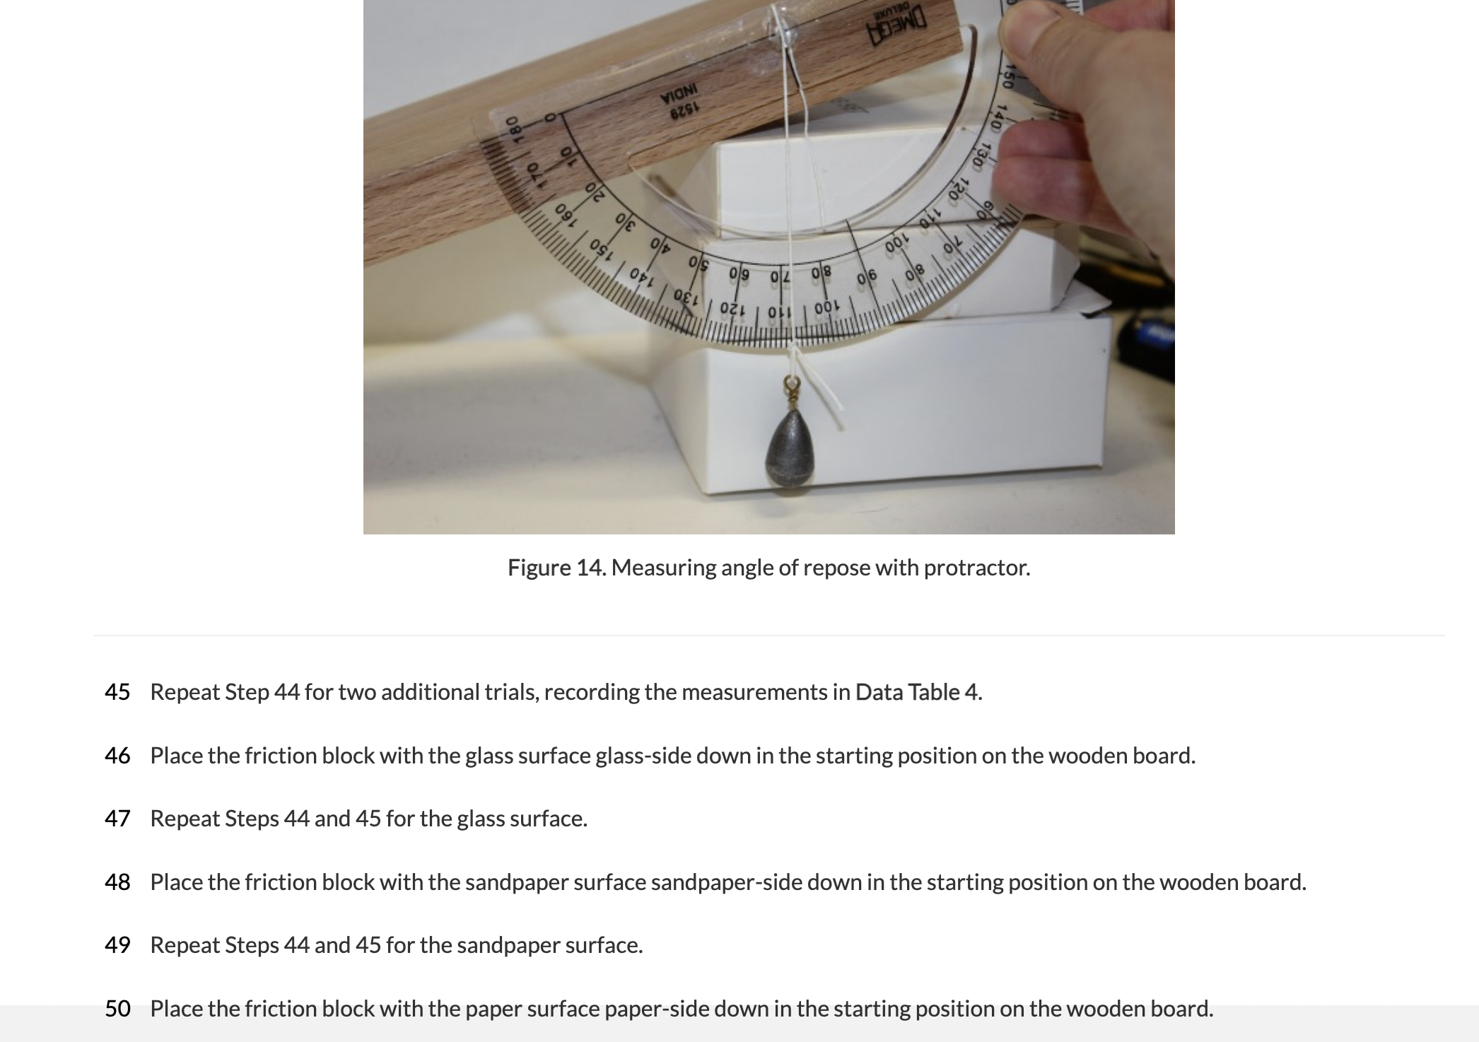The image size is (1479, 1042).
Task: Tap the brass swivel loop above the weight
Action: pos(790,387)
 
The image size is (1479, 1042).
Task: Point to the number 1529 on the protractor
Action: pos(683,107)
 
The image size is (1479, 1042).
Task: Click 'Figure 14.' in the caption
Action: pos(556,568)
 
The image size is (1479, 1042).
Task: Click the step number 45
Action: pos(117,692)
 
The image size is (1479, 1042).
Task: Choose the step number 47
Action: pos(117,819)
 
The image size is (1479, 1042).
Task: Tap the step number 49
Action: pos(117,945)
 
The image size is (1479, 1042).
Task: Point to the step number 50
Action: pos(117,1009)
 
